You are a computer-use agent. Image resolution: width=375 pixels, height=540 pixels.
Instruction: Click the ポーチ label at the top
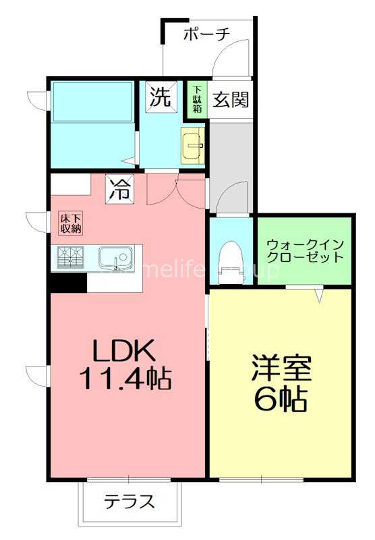click(x=207, y=33)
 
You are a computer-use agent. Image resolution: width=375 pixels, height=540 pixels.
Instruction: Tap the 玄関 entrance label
click(x=231, y=100)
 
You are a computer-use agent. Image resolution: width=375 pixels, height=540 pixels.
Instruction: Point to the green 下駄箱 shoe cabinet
click(x=197, y=99)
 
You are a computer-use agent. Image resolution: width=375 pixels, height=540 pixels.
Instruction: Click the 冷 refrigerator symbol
click(x=119, y=188)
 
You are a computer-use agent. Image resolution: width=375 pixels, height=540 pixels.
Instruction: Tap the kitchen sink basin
click(x=115, y=257)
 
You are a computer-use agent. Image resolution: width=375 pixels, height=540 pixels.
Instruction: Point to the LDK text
click(x=124, y=350)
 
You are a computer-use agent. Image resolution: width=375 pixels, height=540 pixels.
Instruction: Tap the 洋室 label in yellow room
click(x=281, y=369)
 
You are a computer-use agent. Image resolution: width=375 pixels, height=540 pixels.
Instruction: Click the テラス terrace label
click(x=129, y=502)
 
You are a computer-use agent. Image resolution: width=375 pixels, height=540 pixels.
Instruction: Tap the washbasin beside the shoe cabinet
click(x=194, y=144)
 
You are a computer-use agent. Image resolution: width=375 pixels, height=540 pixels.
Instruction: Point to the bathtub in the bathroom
click(x=92, y=101)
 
